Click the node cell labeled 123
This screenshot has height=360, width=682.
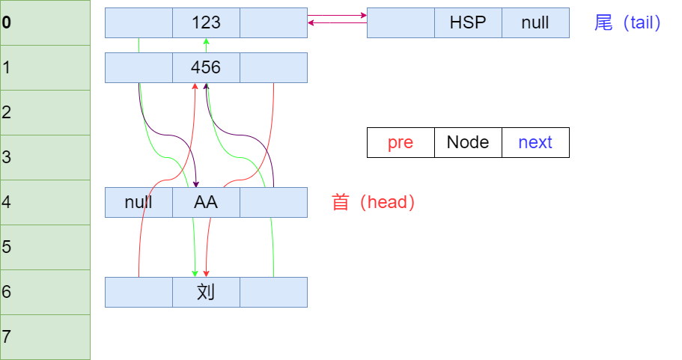click(206, 22)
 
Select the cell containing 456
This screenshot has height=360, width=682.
click(206, 67)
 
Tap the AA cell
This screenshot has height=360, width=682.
click(206, 202)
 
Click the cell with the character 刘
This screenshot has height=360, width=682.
click(206, 292)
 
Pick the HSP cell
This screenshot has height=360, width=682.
click(468, 22)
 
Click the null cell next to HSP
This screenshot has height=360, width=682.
click(535, 22)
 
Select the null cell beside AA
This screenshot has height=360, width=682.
click(138, 202)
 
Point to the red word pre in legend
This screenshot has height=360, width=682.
click(401, 142)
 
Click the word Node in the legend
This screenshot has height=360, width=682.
click(468, 142)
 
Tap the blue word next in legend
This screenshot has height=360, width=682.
click(535, 142)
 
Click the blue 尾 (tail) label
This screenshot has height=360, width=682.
click(627, 22)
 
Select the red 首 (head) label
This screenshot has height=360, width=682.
click(373, 202)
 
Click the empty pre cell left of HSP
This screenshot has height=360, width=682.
click(401, 22)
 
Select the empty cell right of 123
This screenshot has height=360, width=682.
click(273, 22)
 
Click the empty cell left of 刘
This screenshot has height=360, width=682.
click(138, 292)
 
